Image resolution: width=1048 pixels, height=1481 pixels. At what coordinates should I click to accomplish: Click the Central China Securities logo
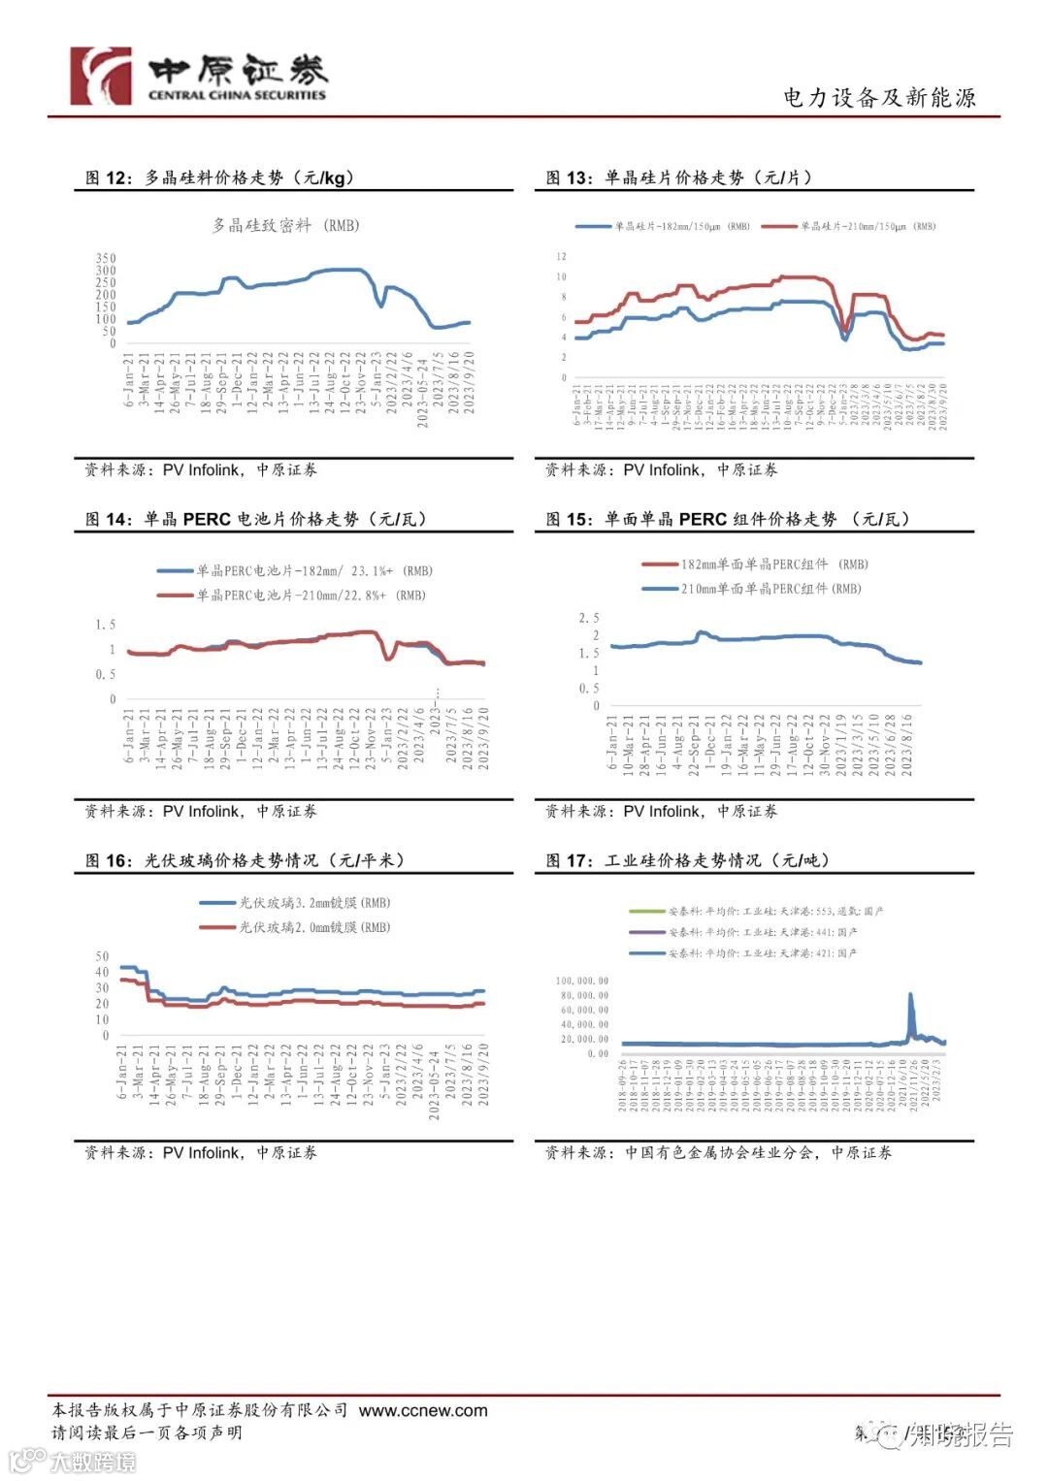pyautogui.click(x=198, y=76)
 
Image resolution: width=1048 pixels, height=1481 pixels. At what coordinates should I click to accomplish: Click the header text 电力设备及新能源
pyautogui.click(x=878, y=98)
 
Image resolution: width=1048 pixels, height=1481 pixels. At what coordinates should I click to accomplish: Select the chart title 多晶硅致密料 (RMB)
pyautogui.click(x=285, y=225)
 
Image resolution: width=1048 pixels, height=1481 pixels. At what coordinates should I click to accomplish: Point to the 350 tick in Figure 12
pyautogui.click(x=106, y=258)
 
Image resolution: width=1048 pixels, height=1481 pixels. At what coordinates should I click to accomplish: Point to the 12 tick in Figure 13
pyautogui.click(x=561, y=256)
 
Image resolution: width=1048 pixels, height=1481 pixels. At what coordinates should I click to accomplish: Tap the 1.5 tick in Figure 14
pyautogui.click(x=106, y=625)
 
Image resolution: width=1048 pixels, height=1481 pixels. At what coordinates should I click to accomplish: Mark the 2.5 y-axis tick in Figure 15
pyautogui.click(x=589, y=618)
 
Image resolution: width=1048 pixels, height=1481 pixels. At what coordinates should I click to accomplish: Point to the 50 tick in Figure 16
pyautogui.click(x=102, y=955)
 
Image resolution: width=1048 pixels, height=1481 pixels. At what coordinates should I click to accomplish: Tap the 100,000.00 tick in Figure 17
pyautogui.click(x=582, y=981)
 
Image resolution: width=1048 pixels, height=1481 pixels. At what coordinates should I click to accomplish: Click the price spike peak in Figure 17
pyautogui.click(x=910, y=994)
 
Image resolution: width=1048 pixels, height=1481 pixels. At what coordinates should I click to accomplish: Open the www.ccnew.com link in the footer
pyautogui.click(x=423, y=1410)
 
